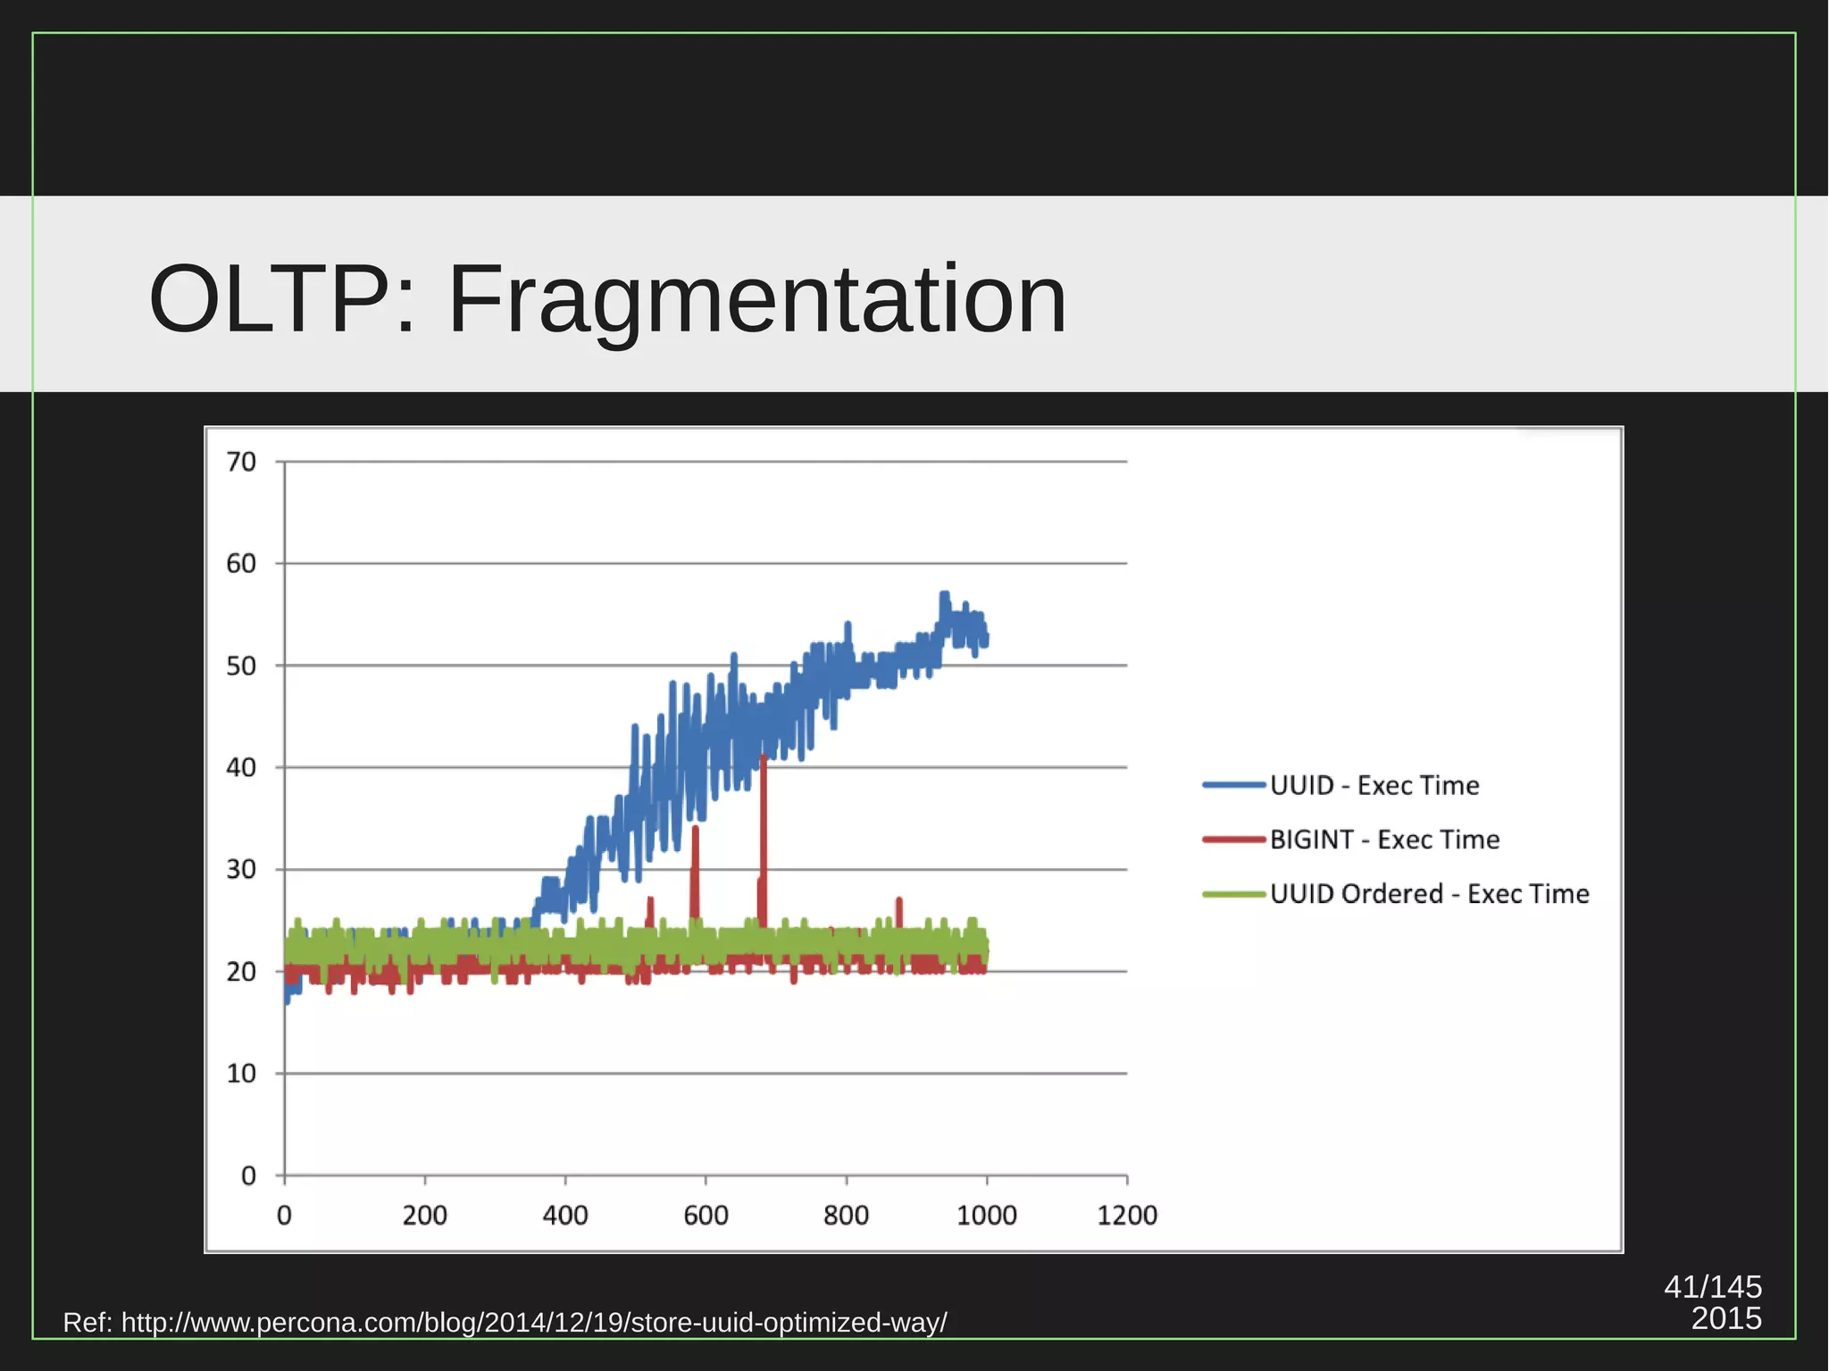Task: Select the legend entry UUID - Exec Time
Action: tap(1374, 785)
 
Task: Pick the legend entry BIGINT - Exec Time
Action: tap(1384, 840)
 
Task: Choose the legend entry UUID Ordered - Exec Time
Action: tap(1429, 894)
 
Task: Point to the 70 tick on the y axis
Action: tap(241, 462)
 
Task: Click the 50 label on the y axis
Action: tap(241, 666)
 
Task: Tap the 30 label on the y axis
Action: tap(241, 869)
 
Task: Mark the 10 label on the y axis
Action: tap(241, 1074)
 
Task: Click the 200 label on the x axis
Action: tap(424, 1215)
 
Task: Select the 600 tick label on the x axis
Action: tap(706, 1215)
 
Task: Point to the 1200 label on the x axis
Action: tap(1127, 1215)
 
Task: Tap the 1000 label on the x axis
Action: tap(987, 1215)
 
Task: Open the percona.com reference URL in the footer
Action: tap(534, 1322)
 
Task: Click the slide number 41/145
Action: tap(1712, 1286)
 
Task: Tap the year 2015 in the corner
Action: tap(1725, 1318)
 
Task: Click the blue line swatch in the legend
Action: tap(1233, 785)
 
